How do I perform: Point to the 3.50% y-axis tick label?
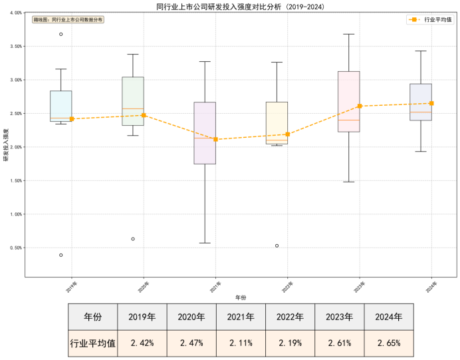click(14, 47)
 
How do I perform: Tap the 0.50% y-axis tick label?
click(14, 248)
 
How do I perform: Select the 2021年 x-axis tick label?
click(215, 287)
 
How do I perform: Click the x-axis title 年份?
click(240, 297)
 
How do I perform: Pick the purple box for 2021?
click(205, 133)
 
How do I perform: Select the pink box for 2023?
click(349, 101)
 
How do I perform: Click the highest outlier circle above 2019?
click(61, 34)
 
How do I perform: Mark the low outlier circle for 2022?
click(277, 246)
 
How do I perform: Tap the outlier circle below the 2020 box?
click(133, 239)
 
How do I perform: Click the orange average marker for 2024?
click(432, 103)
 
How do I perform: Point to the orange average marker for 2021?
click(215, 139)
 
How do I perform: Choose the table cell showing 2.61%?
click(339, 343)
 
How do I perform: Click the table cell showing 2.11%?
click(241, 343)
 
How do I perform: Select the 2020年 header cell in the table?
click(191, 317)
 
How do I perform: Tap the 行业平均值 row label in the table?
click(92, 343)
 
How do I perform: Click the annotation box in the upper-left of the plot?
click(68, 20)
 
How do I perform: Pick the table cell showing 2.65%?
click(388, 343)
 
